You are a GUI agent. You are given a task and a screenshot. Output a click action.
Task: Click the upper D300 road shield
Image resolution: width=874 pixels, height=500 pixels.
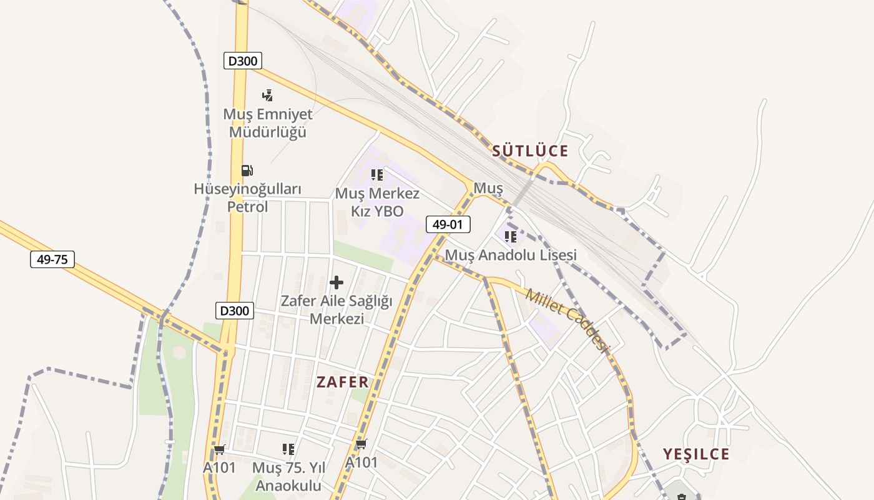[x=242, y=61]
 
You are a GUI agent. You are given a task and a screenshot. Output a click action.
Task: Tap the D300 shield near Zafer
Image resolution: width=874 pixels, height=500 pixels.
[x=235, y=310]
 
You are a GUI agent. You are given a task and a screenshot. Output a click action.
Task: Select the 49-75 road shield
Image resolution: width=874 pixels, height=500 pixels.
[x=52, y=259]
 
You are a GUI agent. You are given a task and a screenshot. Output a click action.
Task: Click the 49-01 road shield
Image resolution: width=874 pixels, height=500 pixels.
[x=448, y=224]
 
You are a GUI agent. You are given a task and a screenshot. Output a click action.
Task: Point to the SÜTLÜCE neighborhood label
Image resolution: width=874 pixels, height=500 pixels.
[x=530, y=151]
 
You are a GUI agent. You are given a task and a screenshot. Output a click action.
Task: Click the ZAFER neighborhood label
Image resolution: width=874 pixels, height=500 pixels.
[x=342, y=382]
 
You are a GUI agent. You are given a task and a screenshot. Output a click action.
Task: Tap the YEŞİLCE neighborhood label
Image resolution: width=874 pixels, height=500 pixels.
[x=696, y=454]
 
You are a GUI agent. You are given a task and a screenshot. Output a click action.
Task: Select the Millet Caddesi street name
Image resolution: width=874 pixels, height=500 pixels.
[x=567, y=320]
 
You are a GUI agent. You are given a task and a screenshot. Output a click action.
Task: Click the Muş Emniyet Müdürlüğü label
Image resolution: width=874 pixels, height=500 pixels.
[x=268, y=123]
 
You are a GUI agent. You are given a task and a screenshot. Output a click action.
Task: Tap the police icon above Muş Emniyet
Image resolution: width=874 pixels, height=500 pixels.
[x=268, y=95]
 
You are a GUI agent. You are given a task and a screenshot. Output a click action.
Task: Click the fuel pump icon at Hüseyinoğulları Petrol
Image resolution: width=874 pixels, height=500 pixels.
[x=247, y=170]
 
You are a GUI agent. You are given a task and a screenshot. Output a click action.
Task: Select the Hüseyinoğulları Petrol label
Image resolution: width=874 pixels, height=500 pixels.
[x=248, y=197]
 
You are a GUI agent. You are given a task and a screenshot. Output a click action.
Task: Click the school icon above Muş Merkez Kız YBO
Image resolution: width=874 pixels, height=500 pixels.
[x=377, y=174]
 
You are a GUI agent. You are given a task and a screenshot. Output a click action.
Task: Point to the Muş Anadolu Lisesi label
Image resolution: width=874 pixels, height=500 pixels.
[x=511, y=255]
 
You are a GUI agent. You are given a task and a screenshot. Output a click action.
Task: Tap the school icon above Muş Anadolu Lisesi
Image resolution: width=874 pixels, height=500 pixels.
[x=511, y=236]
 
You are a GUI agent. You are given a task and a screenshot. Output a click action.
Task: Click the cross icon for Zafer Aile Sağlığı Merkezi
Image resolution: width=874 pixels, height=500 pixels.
[x=336, y=282]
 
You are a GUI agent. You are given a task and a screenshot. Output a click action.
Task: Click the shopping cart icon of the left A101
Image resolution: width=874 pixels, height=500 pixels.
[x=219, y=449]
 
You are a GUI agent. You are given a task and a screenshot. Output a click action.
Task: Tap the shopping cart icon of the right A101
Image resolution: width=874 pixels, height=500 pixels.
[x=361, y=444]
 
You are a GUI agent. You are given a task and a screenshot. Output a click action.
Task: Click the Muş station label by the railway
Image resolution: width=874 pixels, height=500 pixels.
[x=488, y=187]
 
